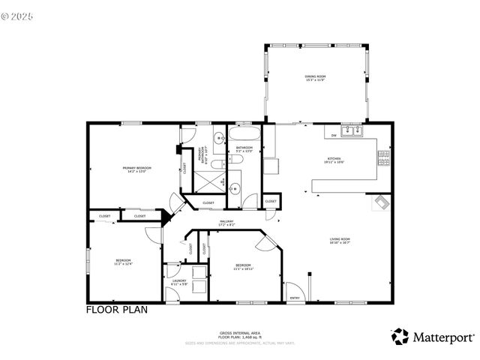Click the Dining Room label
[314, 77]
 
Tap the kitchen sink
[350, 132]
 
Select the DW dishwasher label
[334, 136]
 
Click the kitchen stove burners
[384, 157]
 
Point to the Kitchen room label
[334, 160]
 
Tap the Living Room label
[340, 241]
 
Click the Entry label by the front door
[295, 298]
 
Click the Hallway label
[226, 222]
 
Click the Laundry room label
[178, 283]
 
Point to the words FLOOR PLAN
[116, 309]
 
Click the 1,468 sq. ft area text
[239, 336]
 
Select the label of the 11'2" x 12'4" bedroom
[123, 262]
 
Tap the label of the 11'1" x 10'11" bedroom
[244, 267]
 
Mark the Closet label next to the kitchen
[271, 202]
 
